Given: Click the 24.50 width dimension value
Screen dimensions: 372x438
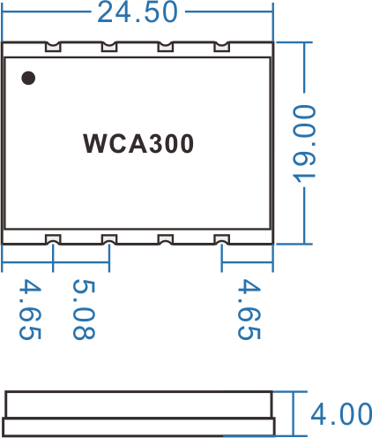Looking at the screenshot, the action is coord(138,12).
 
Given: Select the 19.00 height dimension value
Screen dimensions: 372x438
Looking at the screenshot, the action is coord(304,143).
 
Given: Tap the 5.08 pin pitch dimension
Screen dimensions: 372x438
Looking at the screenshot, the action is coord(84,309).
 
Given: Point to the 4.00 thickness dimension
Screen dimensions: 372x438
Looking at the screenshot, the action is coord(341,414).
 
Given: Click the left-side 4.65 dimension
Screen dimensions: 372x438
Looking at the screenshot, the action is coord(30,309).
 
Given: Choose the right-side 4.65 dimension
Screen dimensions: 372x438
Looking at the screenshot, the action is coord(249,309).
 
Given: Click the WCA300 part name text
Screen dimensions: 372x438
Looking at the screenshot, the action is coord(138,143).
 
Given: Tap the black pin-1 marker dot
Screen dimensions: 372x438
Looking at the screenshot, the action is coord(28,78).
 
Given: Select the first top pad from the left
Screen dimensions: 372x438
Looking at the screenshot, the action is coord(53,47).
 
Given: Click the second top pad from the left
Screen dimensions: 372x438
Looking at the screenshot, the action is coord(109,47).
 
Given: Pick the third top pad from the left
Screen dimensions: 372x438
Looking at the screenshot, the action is coord(166,47).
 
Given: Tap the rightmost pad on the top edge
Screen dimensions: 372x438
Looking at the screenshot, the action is coord(221,47).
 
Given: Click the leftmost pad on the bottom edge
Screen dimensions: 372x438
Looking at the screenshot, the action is coord(53,239).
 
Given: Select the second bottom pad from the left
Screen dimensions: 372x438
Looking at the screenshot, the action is coord(109,239).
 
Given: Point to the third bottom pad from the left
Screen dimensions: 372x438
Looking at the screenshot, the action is coord(166,239).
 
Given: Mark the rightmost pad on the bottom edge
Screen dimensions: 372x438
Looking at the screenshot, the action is coord(221,239).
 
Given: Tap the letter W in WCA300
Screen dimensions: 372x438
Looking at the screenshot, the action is coord(95,143).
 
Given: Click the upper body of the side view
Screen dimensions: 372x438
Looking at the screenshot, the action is coord(138,404).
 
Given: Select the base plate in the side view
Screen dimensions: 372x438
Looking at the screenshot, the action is coord(138,427).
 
